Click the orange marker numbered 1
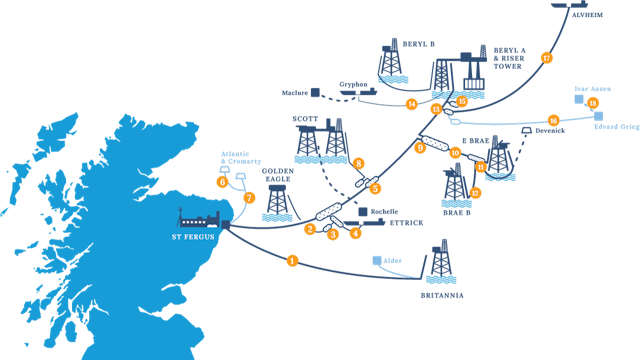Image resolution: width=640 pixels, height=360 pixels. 292,260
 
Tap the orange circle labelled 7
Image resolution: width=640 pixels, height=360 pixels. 249,198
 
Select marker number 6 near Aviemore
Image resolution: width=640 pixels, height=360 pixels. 222,181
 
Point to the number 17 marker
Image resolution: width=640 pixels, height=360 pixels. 546,57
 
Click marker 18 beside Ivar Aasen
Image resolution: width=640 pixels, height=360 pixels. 593,103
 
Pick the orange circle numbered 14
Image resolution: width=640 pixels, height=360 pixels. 411,103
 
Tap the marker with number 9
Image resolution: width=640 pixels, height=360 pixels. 420,147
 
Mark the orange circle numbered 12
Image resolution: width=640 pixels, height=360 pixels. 475,192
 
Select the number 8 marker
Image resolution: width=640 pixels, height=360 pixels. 358,163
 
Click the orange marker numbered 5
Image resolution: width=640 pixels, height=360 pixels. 375,188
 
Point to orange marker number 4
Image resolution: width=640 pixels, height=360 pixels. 355,234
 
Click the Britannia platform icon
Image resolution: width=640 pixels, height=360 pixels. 437,262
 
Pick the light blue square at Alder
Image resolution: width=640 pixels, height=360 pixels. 377,260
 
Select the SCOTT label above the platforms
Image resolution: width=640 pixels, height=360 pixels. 304,117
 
